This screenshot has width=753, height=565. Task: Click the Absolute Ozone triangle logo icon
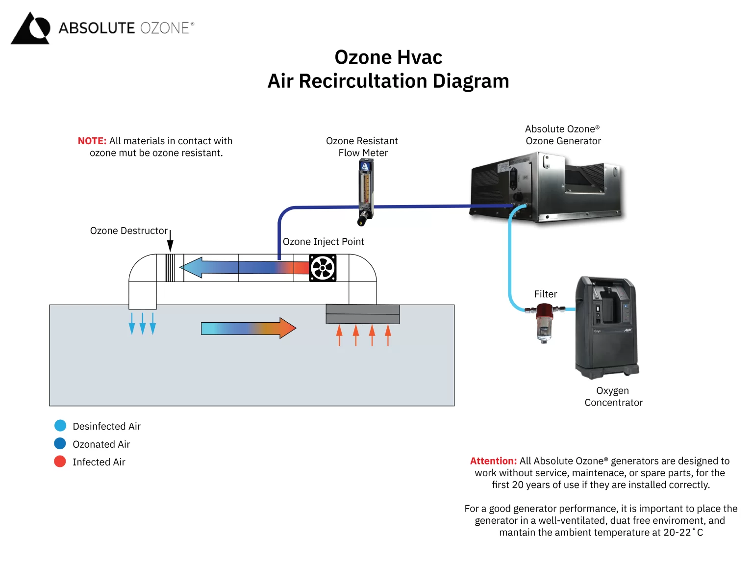[30, 28]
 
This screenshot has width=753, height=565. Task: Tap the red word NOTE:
[92, 141]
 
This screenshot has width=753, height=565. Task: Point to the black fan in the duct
[323, 268]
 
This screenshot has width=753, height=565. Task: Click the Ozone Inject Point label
[323, 242]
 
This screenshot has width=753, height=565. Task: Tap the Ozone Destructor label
[128, 231]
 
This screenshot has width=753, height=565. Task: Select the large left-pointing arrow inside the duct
[235, 268]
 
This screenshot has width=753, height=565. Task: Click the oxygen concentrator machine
[606, 328]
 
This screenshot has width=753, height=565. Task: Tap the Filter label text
[545, 294]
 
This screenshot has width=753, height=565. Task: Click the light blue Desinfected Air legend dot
[60, 426]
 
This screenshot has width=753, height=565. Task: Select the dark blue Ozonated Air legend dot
[60, 444]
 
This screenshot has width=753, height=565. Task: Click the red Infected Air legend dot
[60, 462]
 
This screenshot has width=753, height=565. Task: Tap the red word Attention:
[493, 461]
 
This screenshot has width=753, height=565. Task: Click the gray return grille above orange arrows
[363, 314]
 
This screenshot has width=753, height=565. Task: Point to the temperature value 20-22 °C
[683, 533]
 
